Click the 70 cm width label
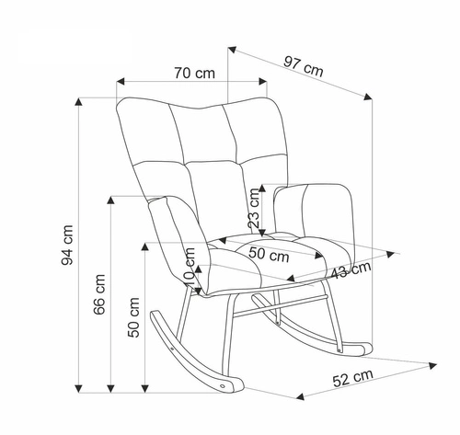click(x=195, y=73)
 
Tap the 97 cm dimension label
click(x=303, y=66)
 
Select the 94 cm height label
click(x=67, y=245)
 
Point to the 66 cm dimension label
click(x=99, y=294)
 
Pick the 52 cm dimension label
click(x=353, y=378)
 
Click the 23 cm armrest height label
click(x=254, y=208)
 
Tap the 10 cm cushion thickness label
click(x=190, y=267)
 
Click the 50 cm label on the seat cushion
click(x=269, y=255)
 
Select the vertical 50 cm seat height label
click(x=133, y=317)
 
